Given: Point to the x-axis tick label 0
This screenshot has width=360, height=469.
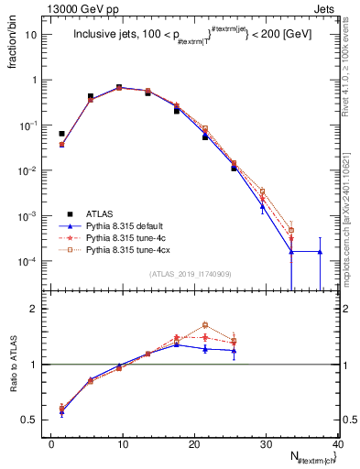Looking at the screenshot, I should (x=51, y=444).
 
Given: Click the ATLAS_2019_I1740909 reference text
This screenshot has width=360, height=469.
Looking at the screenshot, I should (x=192, y=275).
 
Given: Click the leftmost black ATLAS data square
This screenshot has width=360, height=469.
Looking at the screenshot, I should (x=62, y=134).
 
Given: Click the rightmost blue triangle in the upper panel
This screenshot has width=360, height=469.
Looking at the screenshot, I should (x=320, y=251).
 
